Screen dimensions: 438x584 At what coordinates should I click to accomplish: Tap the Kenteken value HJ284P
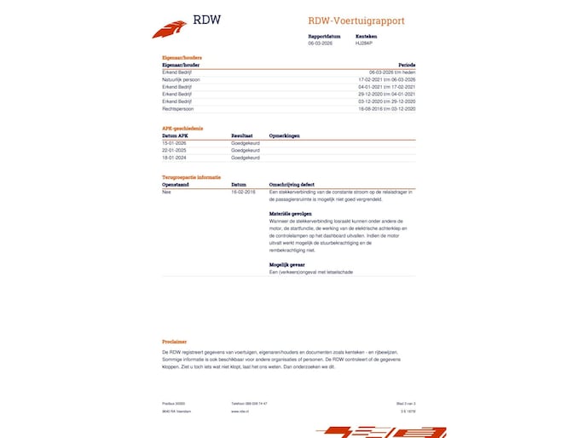[365, 43]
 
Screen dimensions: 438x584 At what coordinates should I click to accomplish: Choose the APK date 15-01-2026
[174, 143]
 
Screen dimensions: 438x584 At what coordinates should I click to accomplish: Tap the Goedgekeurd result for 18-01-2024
[246, 158]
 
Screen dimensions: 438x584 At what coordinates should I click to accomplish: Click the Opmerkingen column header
[284, 135]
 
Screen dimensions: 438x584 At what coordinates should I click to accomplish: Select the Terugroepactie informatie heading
[191, 176]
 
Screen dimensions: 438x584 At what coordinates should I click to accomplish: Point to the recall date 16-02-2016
[243, 192]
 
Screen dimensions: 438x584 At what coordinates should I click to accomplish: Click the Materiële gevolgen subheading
[290, 212]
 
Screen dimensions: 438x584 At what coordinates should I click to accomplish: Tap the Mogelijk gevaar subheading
[286, 264]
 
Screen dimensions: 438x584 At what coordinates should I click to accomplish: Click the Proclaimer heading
[174, 341]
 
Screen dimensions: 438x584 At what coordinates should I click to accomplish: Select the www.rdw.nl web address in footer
[240, 411]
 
